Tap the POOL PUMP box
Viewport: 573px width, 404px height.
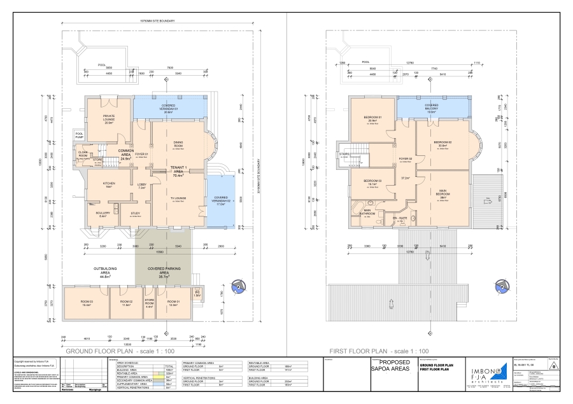[80, 136]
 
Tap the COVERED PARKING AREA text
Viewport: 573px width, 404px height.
[164, 271]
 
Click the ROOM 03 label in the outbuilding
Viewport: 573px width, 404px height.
[87, 302]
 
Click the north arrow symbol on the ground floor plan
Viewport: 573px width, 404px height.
[238, 288]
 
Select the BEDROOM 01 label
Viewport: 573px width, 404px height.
[372, 119]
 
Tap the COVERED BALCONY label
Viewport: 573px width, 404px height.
[431, 108]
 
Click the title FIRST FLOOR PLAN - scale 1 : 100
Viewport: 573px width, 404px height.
[378, 351]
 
